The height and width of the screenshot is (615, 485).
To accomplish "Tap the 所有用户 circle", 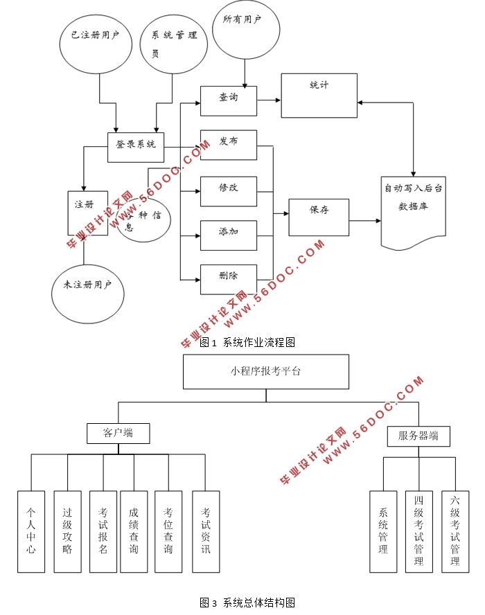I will point(245,30).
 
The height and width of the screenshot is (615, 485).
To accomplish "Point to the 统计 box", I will point(319,95).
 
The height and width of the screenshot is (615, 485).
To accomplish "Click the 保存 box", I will point(319,217).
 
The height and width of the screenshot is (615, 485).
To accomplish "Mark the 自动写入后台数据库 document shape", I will point(413,210).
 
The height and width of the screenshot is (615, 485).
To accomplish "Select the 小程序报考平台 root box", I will point(266,372).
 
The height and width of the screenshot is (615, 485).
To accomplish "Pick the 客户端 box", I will point(118,434).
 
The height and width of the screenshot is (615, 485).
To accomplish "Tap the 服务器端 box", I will point(418,436).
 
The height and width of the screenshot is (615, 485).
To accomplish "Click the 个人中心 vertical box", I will point(31,531).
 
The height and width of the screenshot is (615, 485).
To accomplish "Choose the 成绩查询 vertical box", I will point(134,531).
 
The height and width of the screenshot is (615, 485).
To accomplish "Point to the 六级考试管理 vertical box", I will point(455,531).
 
